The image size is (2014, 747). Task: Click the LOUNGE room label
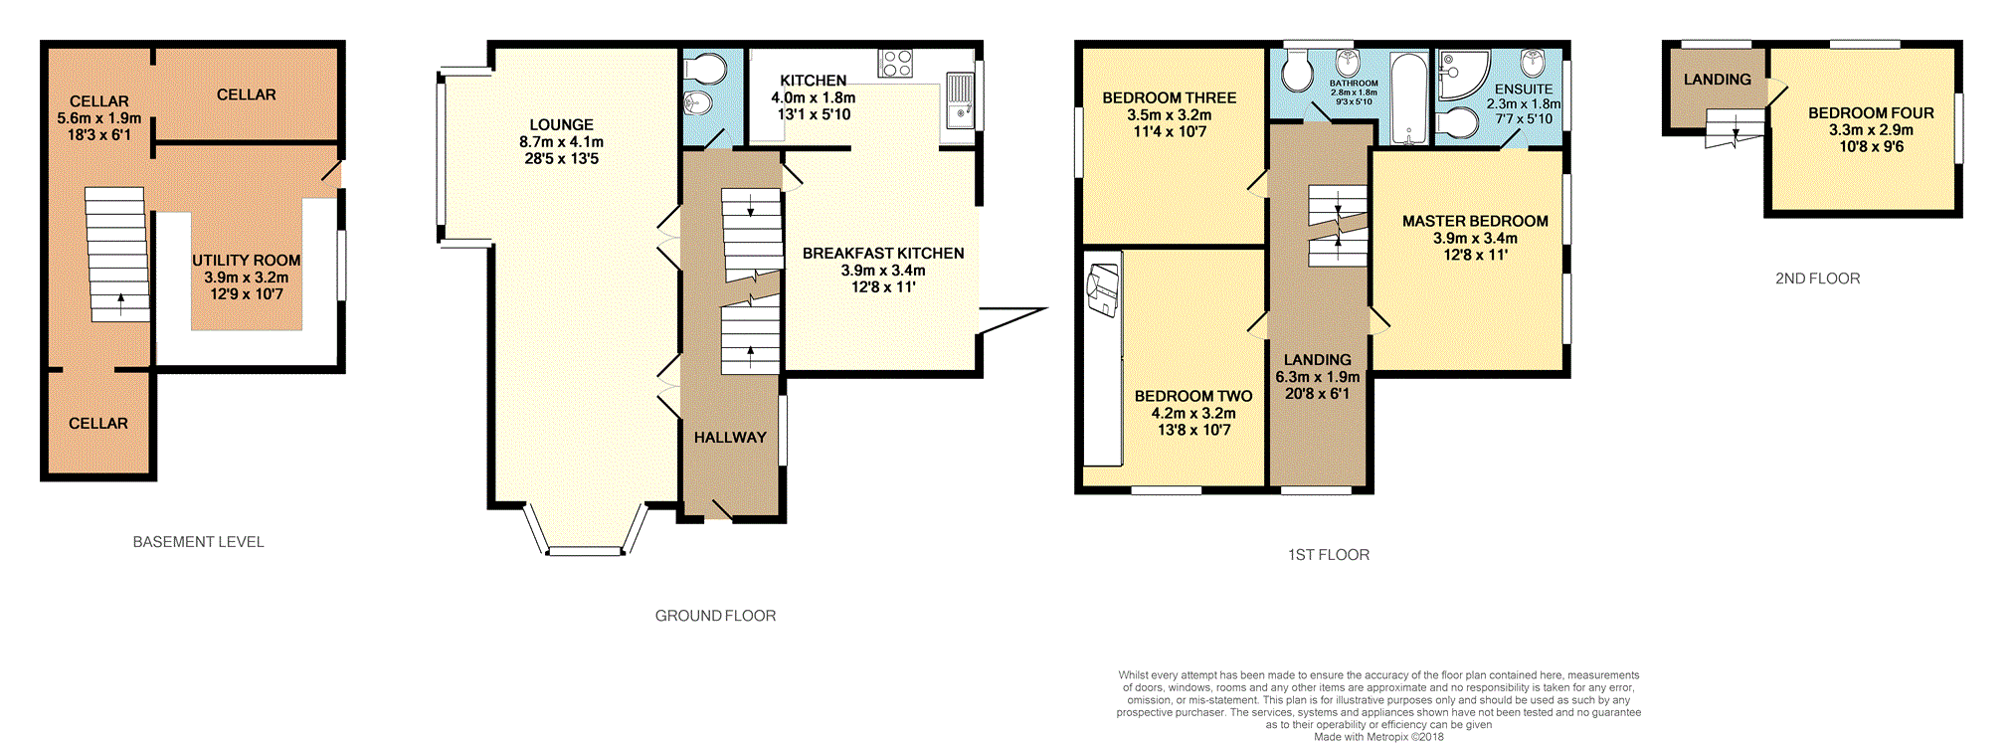[x=561, y=125]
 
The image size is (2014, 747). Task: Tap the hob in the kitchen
[x=895, y=64]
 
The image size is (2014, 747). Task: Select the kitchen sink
[x=960, y=100]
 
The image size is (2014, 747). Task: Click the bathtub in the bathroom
[x=1408, y=98]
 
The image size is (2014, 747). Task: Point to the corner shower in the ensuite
[x=1462, y=76]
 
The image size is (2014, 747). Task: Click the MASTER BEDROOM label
[x=1475, y=221]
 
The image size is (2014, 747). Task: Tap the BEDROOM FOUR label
[x=1871, y=113]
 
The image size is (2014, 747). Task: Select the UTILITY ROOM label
[x=246, y=261]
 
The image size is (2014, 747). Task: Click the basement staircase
[x=118, y=254]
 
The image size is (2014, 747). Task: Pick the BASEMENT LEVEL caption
[x=199, y=542]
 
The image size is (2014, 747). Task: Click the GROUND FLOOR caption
[x=715, y=616]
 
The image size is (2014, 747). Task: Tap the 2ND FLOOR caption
[x=1817, y=279]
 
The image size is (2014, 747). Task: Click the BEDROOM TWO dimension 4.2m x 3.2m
[x=1193, y=413]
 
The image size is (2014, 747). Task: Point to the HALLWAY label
[x=730, y=438]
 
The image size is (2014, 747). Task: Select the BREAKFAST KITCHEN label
[x=883, y=254]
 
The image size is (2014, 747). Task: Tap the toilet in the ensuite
[x=1457, y=123]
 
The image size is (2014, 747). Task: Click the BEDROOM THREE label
[x=1170, y=97]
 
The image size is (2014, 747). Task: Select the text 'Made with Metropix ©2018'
[x=1378, y=737]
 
